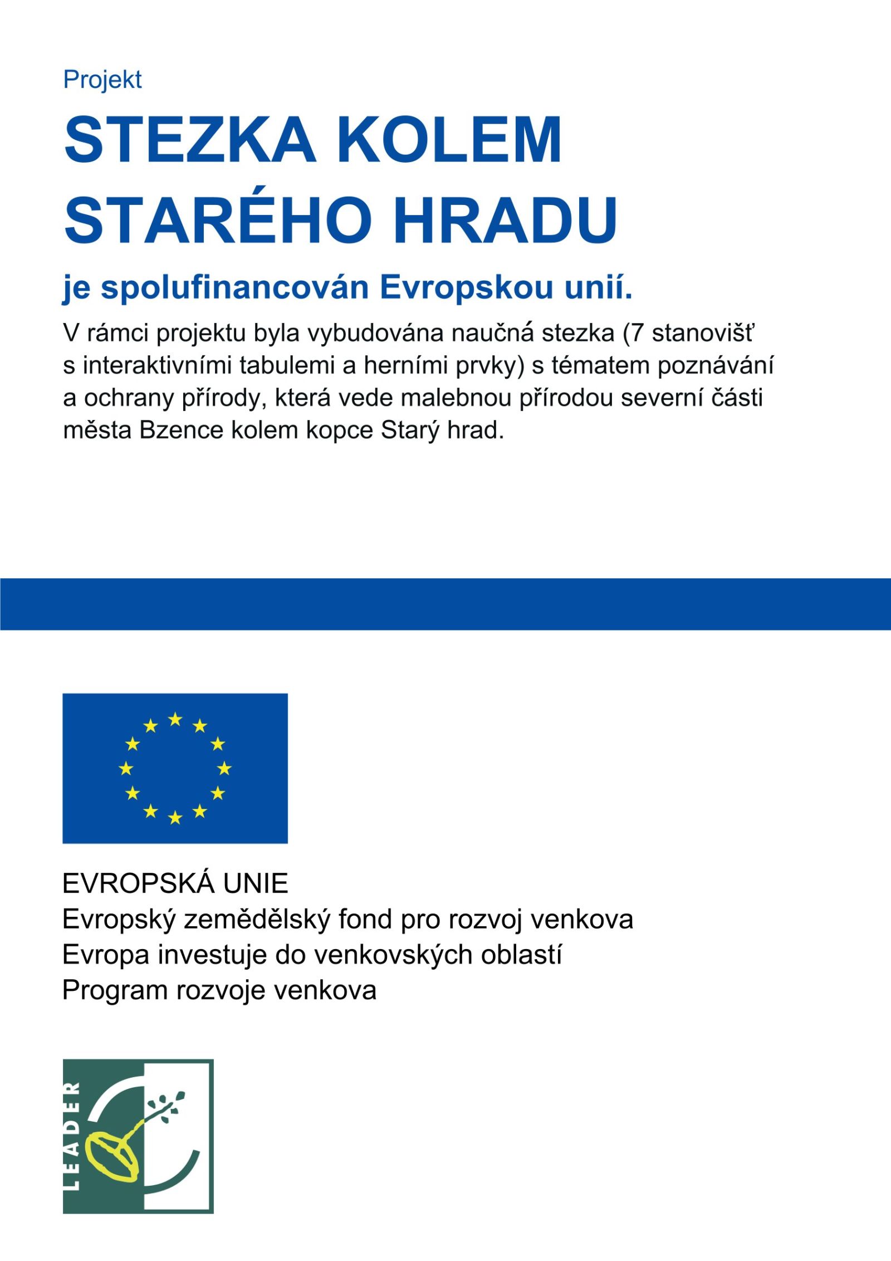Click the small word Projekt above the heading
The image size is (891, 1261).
click(x=102, y=80)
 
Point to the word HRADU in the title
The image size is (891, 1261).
click(x=505, y=220)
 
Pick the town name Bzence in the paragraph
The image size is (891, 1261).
click(x=181, y=430)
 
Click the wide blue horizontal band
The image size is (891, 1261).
click(x=445, y=604)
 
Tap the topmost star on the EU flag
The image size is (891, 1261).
click(x=175, y=719)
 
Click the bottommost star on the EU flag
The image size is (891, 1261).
click(x=175, y=818)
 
